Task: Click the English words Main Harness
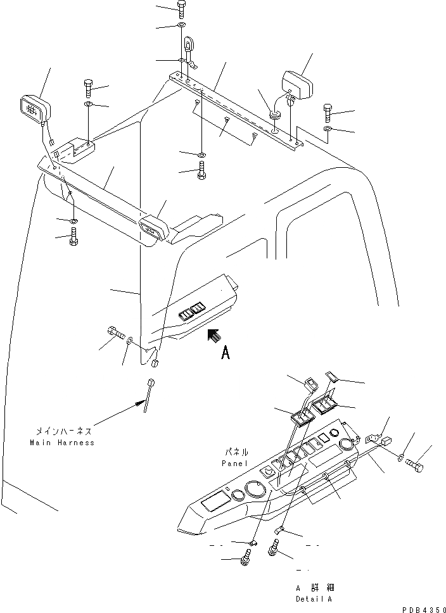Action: pyautogui.click(x=61, y=443)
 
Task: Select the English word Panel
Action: pyautogui.click(x=232, y=463)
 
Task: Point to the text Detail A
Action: pyautogui.click(x=313, y=598)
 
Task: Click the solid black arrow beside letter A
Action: pyautogui.click(x=214, y=335)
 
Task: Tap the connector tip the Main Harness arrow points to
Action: pyautogui.click(x=151, y=382)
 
